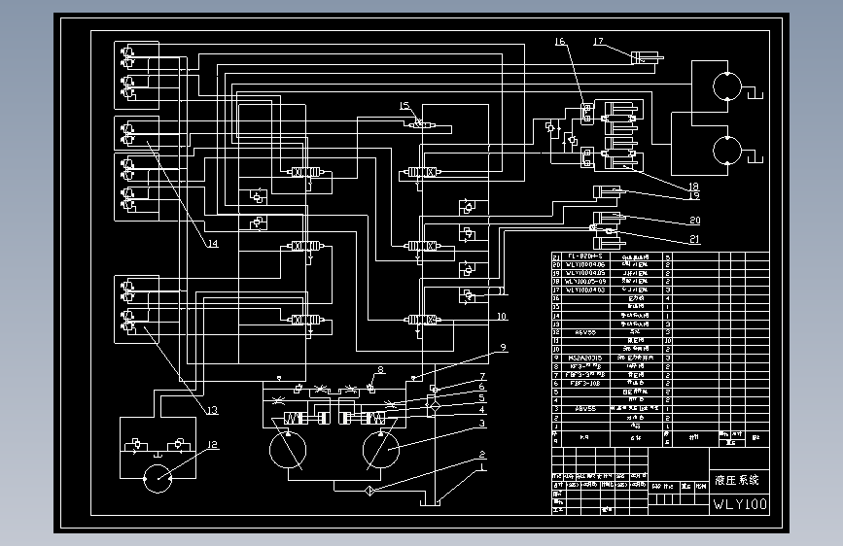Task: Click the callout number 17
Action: click(x=599, y=42)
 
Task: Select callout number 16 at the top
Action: click(x=560, y=42)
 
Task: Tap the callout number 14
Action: click(x=212, y=244)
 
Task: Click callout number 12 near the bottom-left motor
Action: click(x=212, y=446)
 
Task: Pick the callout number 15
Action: click(x=404, y=105)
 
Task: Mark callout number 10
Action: click(x=502, y=317)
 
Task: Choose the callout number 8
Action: click(x=381, y=369)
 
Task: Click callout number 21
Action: click(x=695, y=239)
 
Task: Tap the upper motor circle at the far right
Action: click(x=726, y=86)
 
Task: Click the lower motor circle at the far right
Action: click(x=726, y=152)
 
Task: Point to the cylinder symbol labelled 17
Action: click(x=647, y=59)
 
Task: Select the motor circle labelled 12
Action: click(x=158, y=479)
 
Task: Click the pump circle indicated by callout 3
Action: click(x=381, y=453)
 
